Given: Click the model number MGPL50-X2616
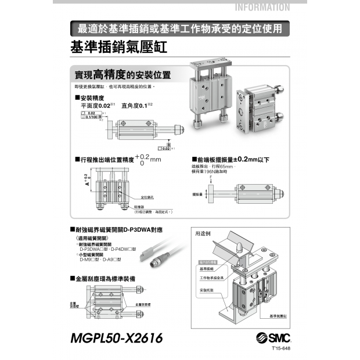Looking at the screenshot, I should [116, 337].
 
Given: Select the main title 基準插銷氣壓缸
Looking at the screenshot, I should [118, 46].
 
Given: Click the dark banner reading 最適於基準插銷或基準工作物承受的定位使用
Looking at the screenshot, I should [179, 27].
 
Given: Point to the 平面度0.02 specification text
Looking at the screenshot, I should [95, 106].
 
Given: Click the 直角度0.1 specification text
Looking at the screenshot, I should [134, 106].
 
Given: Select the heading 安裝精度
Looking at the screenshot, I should [92, 98].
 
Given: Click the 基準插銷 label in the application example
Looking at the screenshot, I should [207, 269].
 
